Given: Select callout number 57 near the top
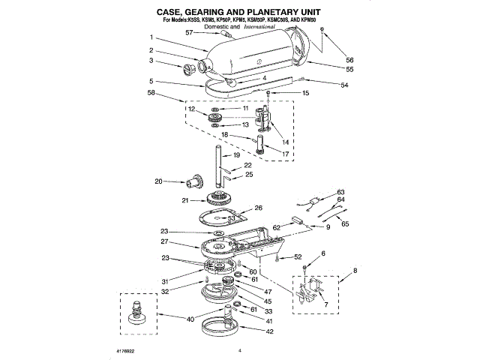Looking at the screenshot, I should pos(189,32).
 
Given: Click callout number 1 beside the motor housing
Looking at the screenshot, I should pos(151,38).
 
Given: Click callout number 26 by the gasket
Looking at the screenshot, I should pos(258,208).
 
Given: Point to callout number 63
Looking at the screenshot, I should pos(340,192).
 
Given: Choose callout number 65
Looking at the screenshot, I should pos(345,223).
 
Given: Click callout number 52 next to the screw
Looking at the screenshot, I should pos(298,256).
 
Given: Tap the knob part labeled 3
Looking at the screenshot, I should pos(187,70).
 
